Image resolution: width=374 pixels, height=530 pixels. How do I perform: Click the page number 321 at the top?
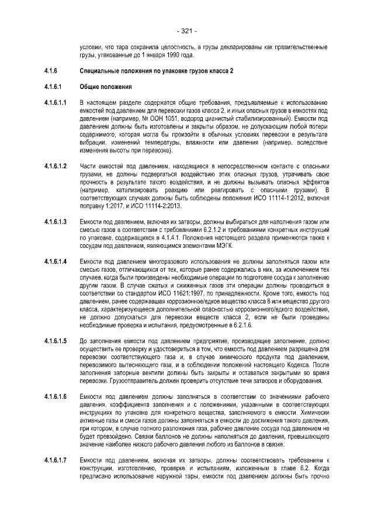click(x=186, y=30)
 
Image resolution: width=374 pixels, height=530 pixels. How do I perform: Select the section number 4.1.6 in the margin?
click(x=50, y=71)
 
